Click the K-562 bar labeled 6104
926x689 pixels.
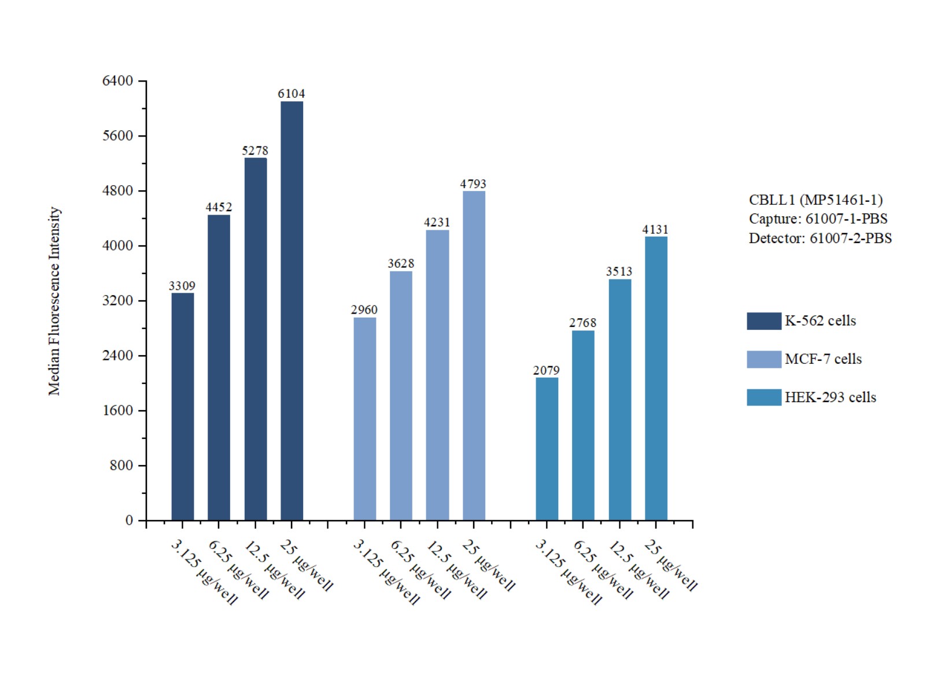pyautogui.click(x=292, y=311)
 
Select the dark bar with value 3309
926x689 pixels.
pyautogui.click(x=182, y=407)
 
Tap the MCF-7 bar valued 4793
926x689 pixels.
pyautogui.click(x=474, y=355)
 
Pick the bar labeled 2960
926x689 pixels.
pyautogui.click(x=364, y=419)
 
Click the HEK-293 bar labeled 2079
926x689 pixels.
pyautogui.click(x=547, y=449)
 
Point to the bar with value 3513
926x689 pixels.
pyautogui.click(x=619, y=400)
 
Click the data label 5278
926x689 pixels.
pyautogui.click(x=255, y=151)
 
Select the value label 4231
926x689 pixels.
pyautogui.click(x=437, y=223)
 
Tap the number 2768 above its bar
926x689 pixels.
pyautogui.click(x=582, y=323)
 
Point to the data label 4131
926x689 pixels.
pyautogui.click(x=655, y=230)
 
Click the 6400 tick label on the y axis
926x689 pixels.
pyautogui.click(x=117, y=81)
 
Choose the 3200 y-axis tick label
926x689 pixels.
pyautogui.click(x=117, y=301)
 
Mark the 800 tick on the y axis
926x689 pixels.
pyautogui.click(x=121, y=466)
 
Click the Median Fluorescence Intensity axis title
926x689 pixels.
pyautogui.click(x=54, y=301)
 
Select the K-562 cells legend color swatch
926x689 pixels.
pyautogui.click(x=763, y=321)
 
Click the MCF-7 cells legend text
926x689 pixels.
pyautogui.click(x=823, y=359)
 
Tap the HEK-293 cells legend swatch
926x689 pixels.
pyautogui.click(x=763, y=397)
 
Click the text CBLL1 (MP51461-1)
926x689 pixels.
pyautogui.click(x=816, y=200)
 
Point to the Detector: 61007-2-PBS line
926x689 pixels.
pyautogui.click(x=820, y=238)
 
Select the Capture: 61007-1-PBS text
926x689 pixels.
pyautogui.click(x=818, y=219)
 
